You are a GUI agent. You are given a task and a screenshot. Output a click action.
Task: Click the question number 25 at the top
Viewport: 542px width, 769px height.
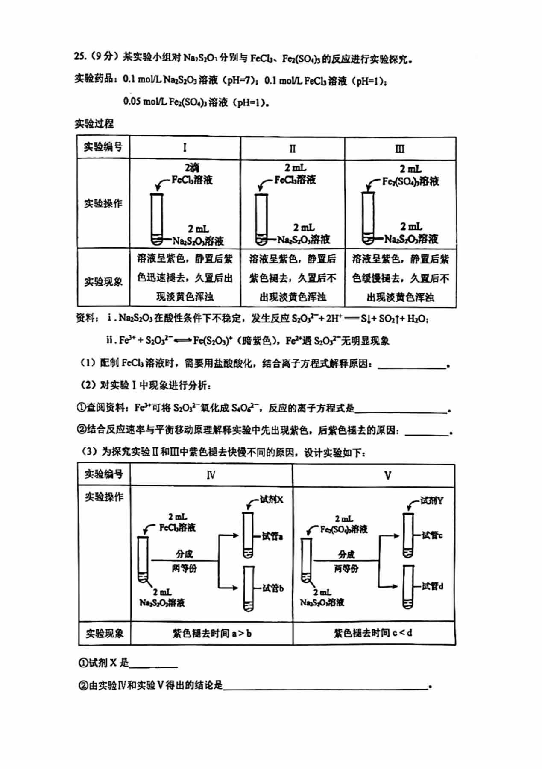[79, 58]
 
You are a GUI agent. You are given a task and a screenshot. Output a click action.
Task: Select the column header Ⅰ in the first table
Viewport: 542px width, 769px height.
[185, 148]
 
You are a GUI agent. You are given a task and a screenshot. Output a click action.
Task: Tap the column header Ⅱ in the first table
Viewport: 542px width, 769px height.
[292, 149]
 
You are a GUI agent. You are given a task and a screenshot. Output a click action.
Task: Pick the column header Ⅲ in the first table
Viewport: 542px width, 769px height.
[400, 149]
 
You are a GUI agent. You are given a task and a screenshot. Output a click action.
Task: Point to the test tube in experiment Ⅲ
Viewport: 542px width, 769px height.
[367, 218]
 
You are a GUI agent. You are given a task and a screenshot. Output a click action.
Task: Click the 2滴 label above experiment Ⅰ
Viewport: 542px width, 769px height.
[192, 167]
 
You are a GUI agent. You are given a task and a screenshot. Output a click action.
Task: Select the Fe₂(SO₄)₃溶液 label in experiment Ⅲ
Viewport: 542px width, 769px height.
[410, 181]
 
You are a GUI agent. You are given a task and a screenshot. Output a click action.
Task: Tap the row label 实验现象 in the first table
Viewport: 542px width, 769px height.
[103, 281]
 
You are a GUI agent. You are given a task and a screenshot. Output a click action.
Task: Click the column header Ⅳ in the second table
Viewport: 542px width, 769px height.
[211, 475]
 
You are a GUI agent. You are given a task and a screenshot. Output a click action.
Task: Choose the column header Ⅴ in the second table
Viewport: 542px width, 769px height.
[387, 475]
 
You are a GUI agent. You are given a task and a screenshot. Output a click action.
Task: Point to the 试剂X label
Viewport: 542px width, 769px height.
[271, 499]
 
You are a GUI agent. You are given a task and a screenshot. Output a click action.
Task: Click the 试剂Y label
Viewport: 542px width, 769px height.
[431, 500]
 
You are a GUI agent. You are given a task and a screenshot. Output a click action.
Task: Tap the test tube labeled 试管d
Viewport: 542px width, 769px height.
[408, 587]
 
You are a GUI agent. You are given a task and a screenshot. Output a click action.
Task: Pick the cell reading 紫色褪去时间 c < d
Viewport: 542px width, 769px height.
[373, 633]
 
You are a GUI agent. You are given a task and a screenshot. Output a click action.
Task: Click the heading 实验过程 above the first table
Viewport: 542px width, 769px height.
[94, 124]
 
